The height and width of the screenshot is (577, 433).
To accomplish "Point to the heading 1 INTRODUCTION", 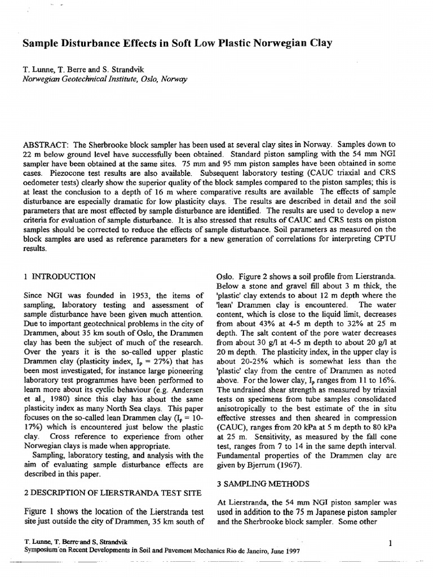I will pos(60,277).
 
